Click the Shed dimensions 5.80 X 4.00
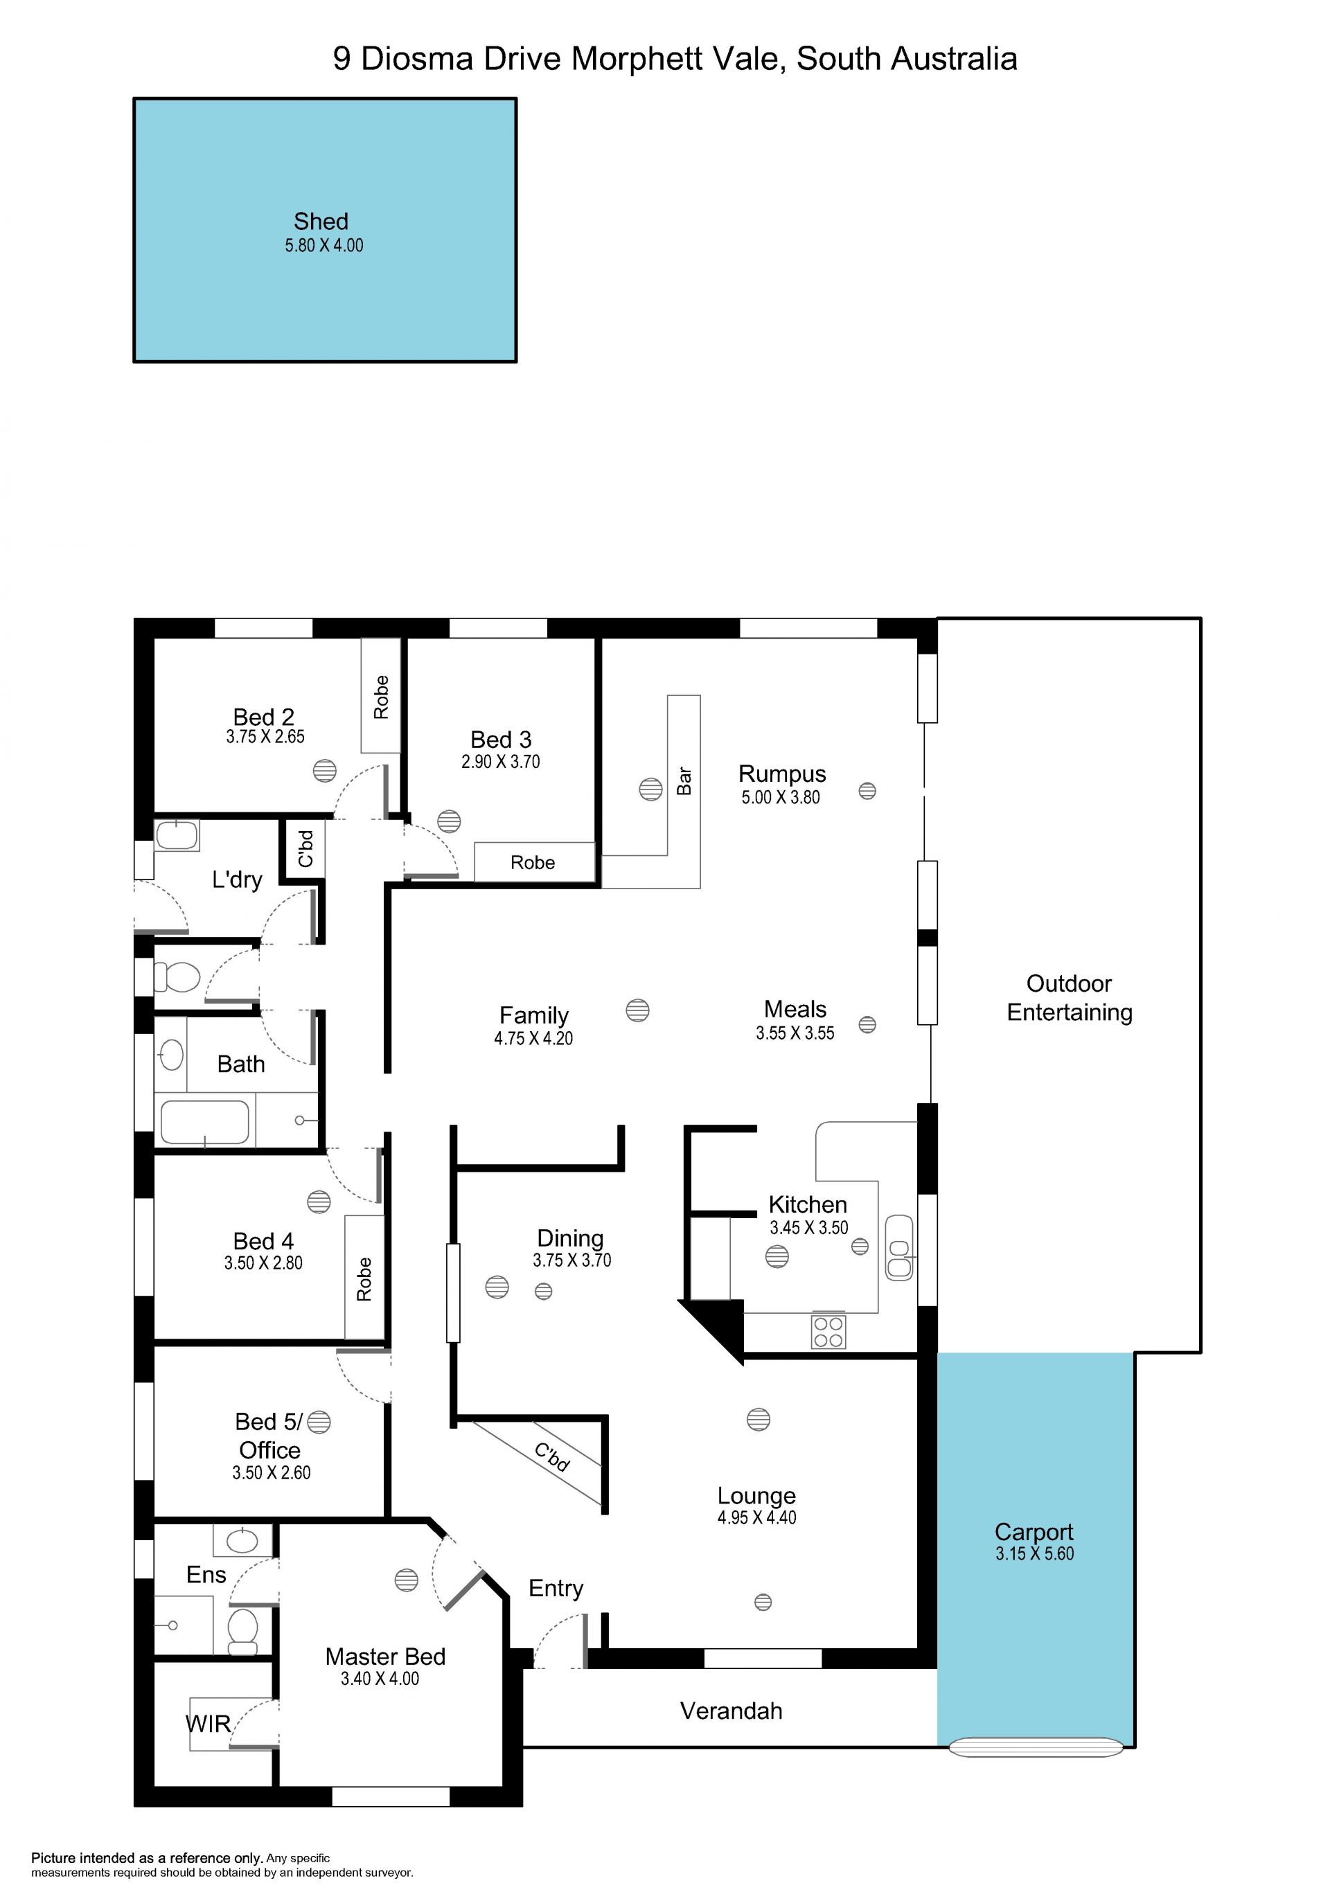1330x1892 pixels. click(324, 246)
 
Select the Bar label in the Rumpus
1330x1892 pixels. click(684, 780)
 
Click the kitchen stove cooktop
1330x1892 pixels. click(828, 1332)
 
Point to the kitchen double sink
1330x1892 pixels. click(899, 1248)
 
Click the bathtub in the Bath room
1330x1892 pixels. click(204, 1123)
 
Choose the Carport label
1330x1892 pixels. click(1034, 1531)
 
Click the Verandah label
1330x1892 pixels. click(731, 1711)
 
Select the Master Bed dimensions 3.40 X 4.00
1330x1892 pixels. click(380, 1679)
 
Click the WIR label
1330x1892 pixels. click(208, 1724)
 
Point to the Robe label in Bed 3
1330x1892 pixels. click(532, 863)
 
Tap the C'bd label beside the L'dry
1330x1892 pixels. click(305, 849)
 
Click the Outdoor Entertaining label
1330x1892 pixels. click(1070, 997)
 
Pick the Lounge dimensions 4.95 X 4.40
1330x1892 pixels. click(756, 1517)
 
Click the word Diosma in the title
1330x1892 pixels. click(417, 60)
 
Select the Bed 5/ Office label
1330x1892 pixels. click(269, 1436)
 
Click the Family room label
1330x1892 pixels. click(534, 1015)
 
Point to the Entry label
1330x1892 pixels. click(556, 1588)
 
